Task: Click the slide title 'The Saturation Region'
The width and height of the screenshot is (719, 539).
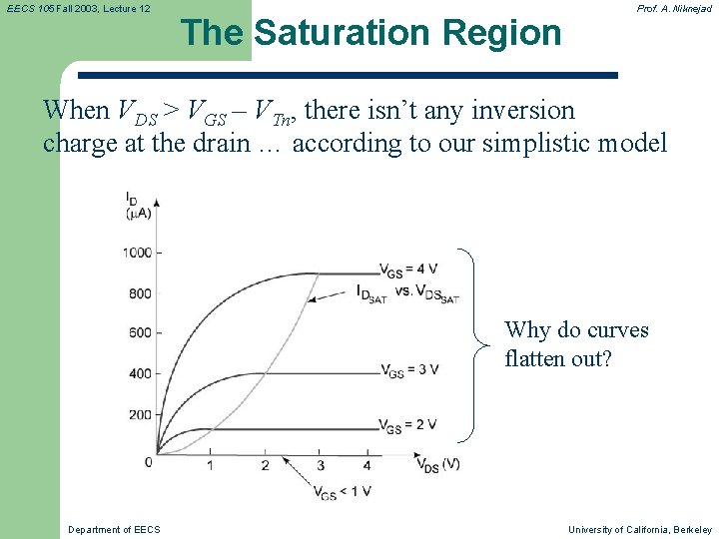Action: click(371, 33)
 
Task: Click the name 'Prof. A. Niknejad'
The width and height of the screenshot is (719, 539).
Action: click(674, 8)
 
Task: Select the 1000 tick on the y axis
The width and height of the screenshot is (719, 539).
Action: click(137, 253)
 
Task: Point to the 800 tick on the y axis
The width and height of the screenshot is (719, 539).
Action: click(140, 293)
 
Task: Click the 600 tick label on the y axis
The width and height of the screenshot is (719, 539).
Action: click(140, 333)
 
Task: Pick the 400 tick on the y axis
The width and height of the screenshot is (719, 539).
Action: click(140, 374)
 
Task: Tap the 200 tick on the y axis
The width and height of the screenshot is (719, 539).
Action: click(140, 414)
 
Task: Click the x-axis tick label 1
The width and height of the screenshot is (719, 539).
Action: click(210, 466)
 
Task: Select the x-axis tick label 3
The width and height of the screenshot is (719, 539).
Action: click(320, 466)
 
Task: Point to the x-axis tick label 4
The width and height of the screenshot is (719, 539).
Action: click(367, 466)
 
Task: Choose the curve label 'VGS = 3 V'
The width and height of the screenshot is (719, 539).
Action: click(409, 370)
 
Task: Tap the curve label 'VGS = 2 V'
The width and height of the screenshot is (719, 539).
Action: click(409, 425)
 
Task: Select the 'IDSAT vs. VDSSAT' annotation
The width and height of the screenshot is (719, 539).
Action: click(407, 292)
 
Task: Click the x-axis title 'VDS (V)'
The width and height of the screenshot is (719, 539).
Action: click(437, 464)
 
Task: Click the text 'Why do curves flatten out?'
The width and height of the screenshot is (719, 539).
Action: click(576, 343)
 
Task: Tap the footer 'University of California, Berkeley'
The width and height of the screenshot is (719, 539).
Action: click(640, 529)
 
